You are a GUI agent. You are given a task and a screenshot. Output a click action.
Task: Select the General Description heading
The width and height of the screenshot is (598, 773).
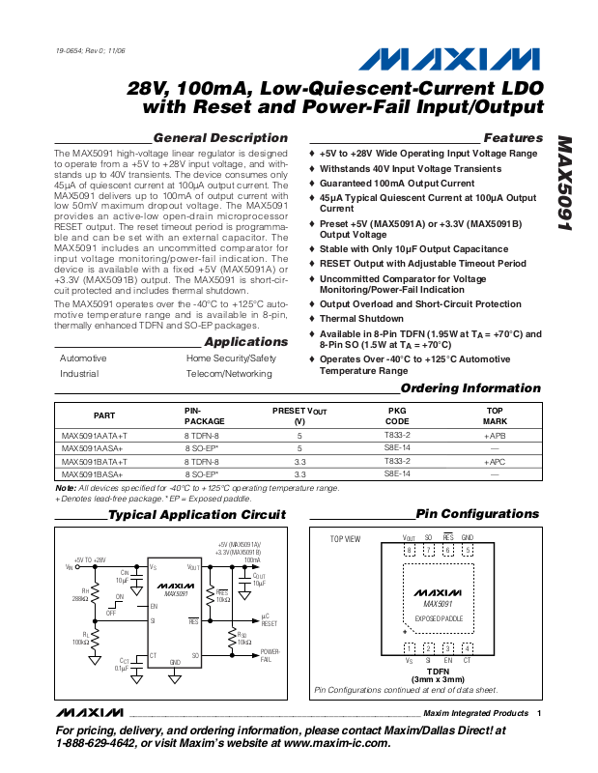pos(220,138)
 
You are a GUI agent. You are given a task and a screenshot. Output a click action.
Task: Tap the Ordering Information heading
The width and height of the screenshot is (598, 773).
pos(470,388)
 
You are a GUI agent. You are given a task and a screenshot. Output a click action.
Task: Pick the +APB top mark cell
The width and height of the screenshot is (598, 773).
pos(495,436)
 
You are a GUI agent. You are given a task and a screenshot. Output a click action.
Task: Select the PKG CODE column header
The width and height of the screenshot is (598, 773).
pos(397,415)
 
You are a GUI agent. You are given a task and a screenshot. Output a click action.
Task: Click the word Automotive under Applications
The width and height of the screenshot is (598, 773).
pos(83,358)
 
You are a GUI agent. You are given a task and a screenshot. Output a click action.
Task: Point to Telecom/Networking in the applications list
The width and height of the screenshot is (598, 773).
pos(229,373)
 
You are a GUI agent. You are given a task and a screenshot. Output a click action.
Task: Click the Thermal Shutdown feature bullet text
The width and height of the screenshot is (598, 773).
pos(362,318)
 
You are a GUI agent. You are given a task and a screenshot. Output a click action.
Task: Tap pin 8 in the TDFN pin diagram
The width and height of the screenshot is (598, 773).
pos(410,551)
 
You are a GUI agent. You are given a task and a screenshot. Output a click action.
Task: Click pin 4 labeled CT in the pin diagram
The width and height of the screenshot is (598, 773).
pos(468,647)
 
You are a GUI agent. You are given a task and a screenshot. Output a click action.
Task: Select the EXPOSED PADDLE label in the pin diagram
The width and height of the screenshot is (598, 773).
pos(439,616)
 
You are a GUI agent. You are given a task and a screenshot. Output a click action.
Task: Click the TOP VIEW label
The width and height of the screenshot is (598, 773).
pos(345,539)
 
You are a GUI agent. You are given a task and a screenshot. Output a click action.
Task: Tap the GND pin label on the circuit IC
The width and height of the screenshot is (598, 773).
pos(175,663)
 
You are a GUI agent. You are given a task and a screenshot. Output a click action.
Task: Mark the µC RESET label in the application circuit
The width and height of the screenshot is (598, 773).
pos(270,620)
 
